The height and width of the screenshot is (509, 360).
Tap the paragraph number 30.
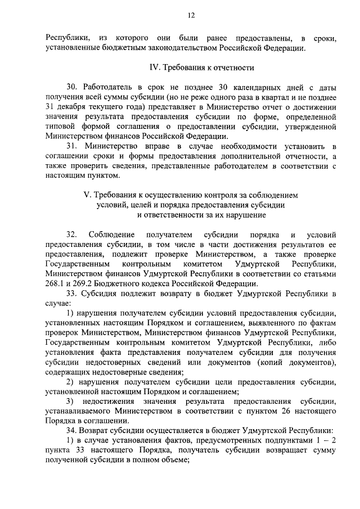[x=71, y=88]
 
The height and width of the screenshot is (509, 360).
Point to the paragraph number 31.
[x=71, y=146]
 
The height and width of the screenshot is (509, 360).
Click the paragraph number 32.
[x=71, y=233]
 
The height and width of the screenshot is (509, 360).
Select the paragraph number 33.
[x=71, y=293]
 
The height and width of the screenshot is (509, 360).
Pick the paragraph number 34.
[x=71, y=429]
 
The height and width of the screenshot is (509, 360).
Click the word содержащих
[x=70, y=371]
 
